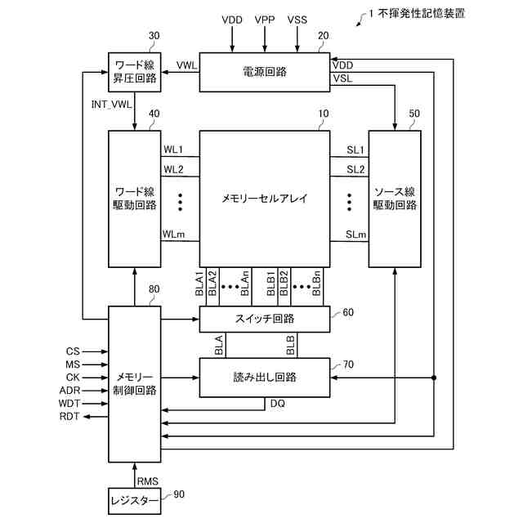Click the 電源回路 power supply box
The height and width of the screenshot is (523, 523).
click(x=265, y=72)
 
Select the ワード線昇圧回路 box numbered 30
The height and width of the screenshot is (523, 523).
click(x=135, y=72)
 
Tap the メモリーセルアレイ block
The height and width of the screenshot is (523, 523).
click(x=265, y=198)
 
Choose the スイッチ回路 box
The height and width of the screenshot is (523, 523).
click(x=265, y=319)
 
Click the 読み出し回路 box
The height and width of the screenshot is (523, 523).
click(x=265, y=377)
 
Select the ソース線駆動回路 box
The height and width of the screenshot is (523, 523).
click(x=395, y=198)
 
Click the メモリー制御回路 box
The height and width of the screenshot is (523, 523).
click(x=135, y=383)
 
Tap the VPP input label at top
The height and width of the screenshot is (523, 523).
click(x=265, y=18)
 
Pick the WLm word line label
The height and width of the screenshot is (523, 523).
click(x=173, y=235)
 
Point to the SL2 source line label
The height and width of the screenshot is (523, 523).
click(x=355, y=169)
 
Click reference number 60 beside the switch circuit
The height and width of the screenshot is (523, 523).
click(x=348, y=312)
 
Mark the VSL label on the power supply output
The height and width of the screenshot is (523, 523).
click(x=343, y=78)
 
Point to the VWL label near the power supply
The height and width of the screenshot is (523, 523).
click(x=186, y=65)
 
